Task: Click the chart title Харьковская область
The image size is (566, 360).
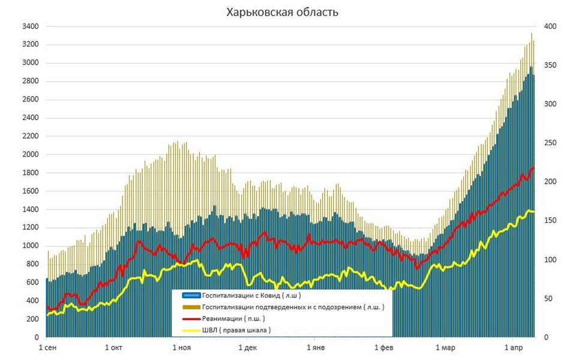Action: [282, 12]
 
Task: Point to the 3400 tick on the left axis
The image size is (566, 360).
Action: [30, 26]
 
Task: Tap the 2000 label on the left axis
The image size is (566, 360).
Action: [30, 154]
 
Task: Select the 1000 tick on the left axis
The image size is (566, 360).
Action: [30, 246]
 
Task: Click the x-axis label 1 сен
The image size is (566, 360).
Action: [47, 348]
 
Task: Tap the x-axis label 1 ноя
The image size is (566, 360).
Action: [181, 348]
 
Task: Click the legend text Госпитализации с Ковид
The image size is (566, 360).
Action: [251, 296]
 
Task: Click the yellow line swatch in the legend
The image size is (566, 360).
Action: [190, 330]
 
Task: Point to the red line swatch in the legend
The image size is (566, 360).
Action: [190, 319]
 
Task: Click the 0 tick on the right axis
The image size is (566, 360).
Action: [546, 338]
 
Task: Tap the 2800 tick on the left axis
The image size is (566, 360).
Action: [30, 81]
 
